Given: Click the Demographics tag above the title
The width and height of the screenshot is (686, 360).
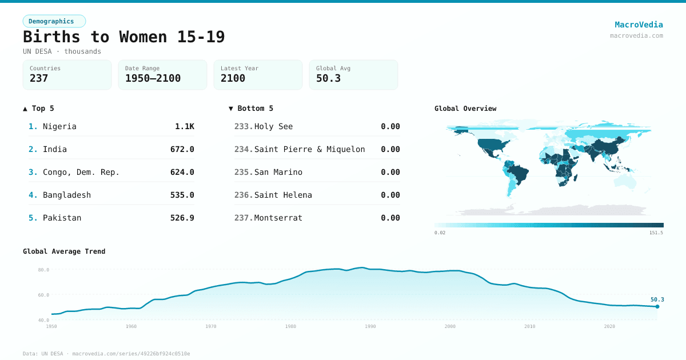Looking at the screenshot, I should point(54,21).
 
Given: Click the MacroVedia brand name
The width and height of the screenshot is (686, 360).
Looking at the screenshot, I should point(639,25).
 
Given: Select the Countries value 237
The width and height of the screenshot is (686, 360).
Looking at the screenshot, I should point(39,78).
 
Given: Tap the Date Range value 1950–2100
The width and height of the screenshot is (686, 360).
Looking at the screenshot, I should point(153,78).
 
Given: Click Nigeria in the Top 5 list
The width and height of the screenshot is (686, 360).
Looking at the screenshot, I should point(59,126).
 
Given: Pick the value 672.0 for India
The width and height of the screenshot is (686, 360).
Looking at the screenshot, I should point(182,149).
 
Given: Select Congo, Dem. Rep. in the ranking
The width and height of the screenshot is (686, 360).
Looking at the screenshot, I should point(81,172).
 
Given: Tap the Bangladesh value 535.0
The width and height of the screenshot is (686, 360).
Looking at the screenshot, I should point(182,195).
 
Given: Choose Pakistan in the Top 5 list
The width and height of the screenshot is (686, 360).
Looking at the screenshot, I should point(62,218).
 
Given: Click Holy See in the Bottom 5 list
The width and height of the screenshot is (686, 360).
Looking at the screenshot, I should point(273,126).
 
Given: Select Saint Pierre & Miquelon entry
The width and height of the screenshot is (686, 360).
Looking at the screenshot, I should point(309,149).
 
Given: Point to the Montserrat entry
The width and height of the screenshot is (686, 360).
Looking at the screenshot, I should point(278,218).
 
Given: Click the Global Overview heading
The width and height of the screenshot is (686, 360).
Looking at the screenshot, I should point(465,109).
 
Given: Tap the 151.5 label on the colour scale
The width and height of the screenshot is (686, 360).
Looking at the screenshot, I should point(656,233).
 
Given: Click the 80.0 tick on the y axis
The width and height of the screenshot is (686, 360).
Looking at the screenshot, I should point(43,270).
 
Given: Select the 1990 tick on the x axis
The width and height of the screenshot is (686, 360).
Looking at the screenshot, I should point(370,326).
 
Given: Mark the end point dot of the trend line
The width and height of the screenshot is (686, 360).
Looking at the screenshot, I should point(657,306).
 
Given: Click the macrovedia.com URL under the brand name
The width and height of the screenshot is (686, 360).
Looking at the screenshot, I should point(636,35).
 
